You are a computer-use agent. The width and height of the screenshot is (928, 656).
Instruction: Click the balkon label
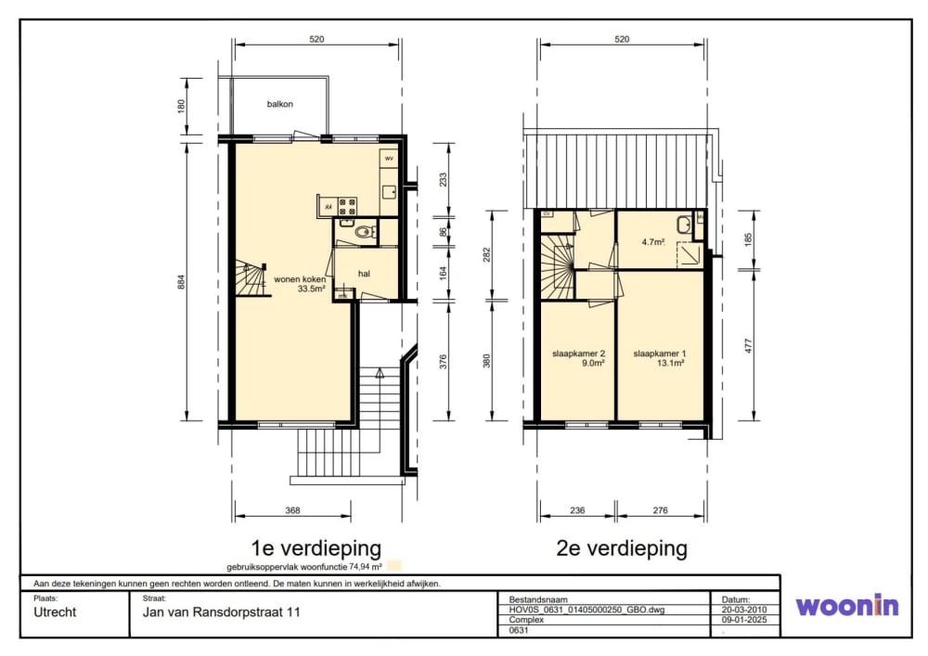280,104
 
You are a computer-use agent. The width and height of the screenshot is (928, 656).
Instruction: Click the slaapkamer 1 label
660,354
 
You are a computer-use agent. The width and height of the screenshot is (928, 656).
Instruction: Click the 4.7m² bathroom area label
653,242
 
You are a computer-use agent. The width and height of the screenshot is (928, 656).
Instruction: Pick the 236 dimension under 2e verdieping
576,508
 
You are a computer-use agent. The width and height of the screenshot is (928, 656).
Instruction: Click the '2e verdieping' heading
622,547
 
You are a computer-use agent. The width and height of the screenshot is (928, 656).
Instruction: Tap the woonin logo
846,606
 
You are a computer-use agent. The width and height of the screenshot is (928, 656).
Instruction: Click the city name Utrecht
55,613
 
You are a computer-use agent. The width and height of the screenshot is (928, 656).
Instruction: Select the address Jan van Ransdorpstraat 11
215,613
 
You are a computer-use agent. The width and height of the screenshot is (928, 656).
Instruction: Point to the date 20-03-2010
743,610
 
